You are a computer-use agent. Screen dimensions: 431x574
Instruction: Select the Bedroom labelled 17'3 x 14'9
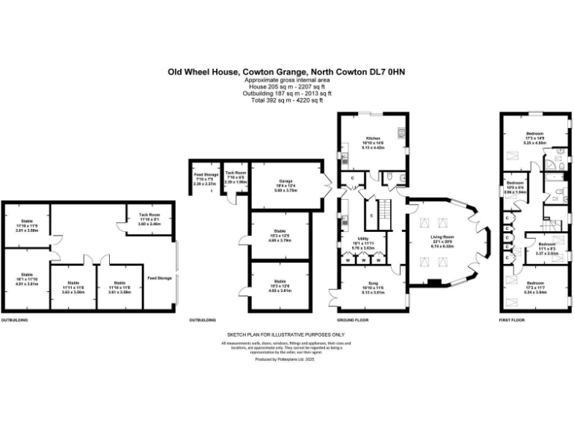pos(534,136)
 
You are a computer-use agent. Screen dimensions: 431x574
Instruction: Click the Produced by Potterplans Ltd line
pos(286,359)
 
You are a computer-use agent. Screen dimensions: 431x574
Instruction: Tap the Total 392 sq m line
pos(286,100)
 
